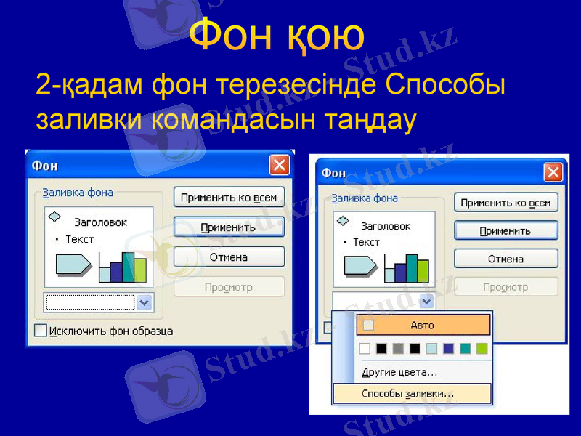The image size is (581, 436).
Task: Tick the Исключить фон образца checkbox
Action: (x=41, y=331)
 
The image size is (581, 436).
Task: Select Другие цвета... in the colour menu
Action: (x=399, y=372)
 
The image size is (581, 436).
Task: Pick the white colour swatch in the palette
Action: (x=365, y=349)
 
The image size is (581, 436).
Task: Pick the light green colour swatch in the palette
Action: (x=482, y=349)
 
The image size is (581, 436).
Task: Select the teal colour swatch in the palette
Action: (x=465, y=349)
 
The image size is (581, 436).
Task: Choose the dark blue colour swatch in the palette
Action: (x=448, y=349)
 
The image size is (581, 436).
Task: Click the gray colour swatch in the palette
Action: (x=398, y=349)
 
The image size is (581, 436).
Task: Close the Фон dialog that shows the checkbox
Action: (x=280, y=166)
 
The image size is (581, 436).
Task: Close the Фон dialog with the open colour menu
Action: (x=553, y=172)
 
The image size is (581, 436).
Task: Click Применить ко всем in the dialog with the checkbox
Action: (x=229, y=197)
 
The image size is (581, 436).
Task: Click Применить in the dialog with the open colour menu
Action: (x=505, y=231)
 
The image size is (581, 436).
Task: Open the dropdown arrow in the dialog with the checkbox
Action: (x=145, y=302)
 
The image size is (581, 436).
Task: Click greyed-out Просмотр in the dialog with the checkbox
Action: (x=229, y=287)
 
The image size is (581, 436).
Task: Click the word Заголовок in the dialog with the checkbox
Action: (x=100, y=222)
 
